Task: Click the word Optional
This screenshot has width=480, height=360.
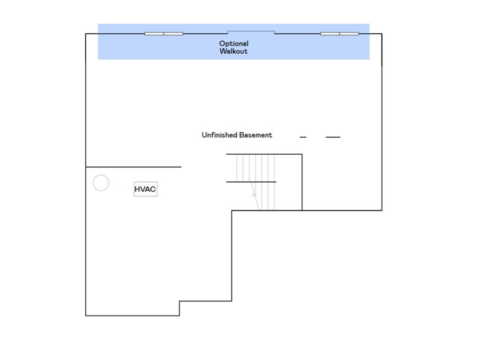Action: pyautogui.click(x=233, y=44)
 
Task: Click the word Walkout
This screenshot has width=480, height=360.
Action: pyautogui.click(x=233, y=51)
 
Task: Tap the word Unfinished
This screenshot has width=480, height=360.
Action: pyautogui.click(x=219, y=135)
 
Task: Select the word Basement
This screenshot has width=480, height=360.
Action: pyautogui.click(x=255, y=135)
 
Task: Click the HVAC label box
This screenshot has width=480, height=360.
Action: pyautogui.click(x=145, y=189)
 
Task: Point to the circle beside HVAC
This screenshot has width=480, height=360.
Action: pyautogui.click(x=101, y=175)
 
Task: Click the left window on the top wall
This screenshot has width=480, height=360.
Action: pyautogui.click(x=164, y=34)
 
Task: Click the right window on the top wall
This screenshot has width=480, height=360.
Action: pyautogui.click(x=340, y=34)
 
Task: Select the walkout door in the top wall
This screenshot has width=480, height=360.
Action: pyautogui.click(x=251, y=31)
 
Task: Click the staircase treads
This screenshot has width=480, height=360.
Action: pyautogui.click(x=255, y=182)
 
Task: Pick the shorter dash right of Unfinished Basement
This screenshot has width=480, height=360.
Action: pyautogui.click(x=303, y=137)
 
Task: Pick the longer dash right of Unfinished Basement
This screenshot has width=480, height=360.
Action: pyautogui.click(x=333, y=137)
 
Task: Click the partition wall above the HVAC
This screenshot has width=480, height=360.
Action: pyautogui.click(x=134, y=167)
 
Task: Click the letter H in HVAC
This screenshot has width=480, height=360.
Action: pyautogui.click(x=137, y=189)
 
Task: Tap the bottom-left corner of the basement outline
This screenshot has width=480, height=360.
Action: pyautogui.click(x=86, y=315)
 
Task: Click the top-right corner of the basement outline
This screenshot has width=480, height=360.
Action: pyautogui.click(x=382, y=34)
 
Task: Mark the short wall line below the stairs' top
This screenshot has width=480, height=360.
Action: pyautogui.click(x=251, y=182)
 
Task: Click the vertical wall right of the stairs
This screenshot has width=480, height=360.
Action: pyautogui.click(x=302, y=182)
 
